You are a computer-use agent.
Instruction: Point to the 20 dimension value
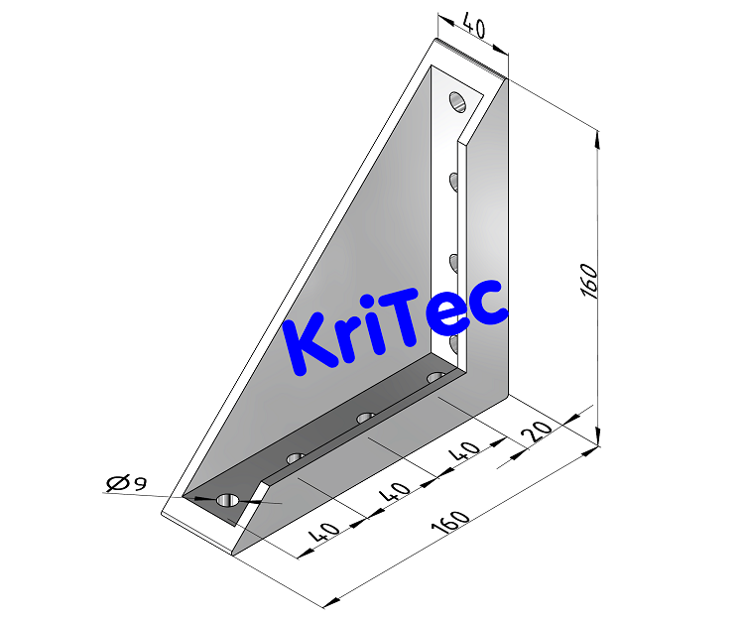539,432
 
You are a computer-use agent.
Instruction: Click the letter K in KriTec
311,343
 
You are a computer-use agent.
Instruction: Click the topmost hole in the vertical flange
456,101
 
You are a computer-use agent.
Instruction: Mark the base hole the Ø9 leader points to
227,500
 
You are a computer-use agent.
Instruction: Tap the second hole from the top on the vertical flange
453,181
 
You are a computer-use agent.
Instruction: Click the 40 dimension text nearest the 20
465,451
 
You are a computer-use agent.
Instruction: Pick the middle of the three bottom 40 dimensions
395,492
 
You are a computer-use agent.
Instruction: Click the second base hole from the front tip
295,457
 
